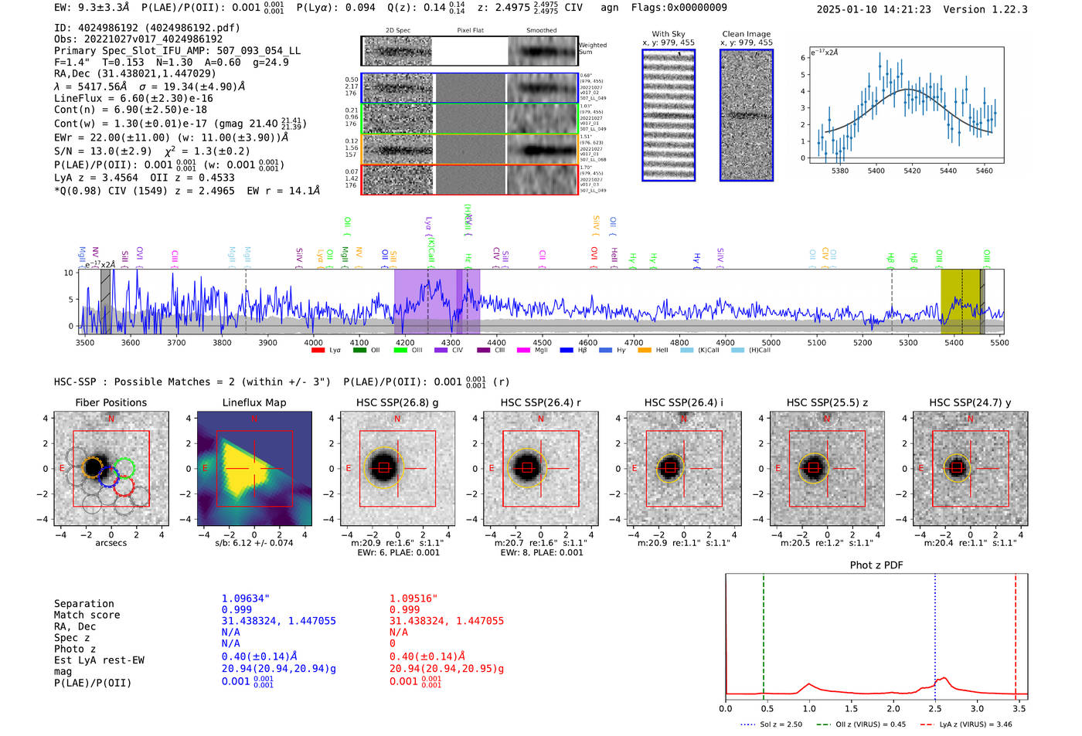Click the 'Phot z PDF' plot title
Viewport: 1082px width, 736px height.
(x=876, y=565)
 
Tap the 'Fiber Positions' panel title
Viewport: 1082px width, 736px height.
(x=111, y=402)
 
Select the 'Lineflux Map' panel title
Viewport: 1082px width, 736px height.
(x=253, y=402)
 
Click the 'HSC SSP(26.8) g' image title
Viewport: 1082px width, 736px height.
(x=397, y=402)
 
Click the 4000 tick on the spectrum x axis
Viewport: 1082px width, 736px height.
(x=313, y=343)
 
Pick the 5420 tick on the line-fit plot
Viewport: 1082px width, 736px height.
(x=912, y=171)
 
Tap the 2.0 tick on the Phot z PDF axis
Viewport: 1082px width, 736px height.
(x=893, y=708)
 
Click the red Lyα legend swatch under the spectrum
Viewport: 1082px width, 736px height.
(x=318, y=351)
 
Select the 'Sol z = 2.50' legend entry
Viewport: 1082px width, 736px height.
(x=781, y=724)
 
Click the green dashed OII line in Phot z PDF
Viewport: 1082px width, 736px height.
(x=763, y=633)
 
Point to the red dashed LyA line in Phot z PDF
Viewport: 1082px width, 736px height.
(x=1016, y=633)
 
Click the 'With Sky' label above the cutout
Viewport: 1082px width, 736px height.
(x=669, y=34)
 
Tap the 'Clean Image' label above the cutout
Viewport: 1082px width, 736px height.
(x=746, y=34)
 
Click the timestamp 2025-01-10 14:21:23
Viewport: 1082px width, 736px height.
(x=873, y=9)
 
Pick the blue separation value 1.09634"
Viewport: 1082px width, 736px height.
(x=245, y=599)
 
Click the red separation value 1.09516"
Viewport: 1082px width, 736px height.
(x=413, y=599)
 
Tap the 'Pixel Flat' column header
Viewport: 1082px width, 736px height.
(x=470, y=31)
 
